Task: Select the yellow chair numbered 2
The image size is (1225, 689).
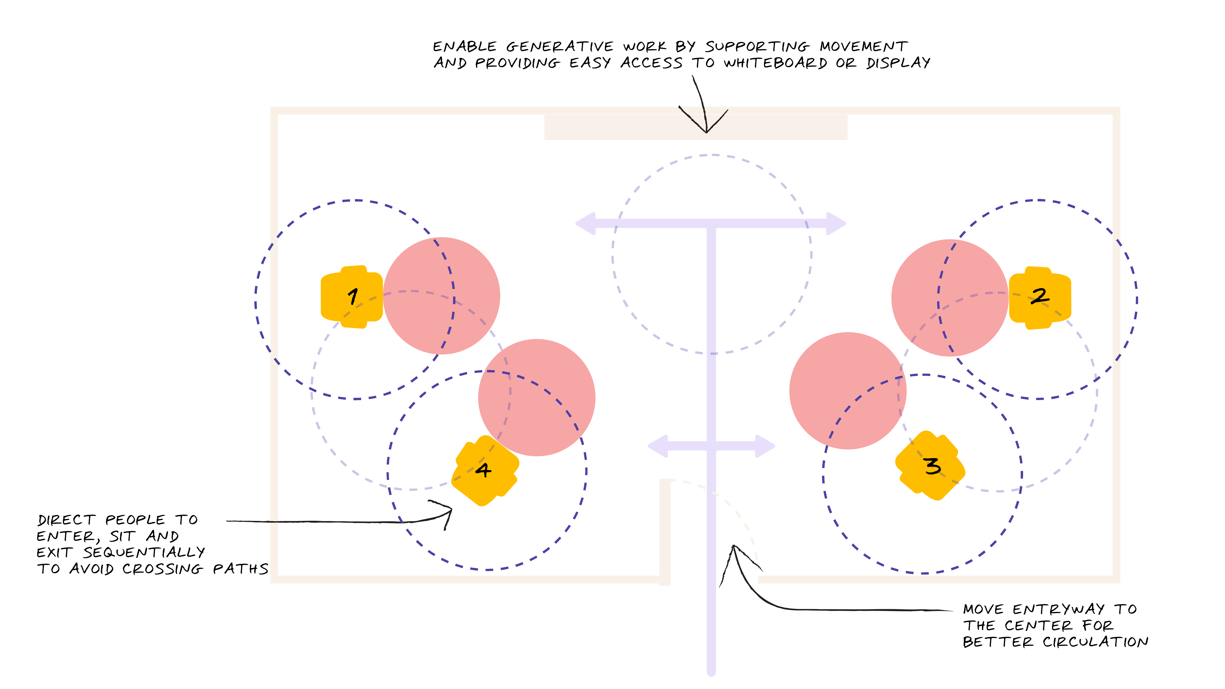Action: pos(1039,298)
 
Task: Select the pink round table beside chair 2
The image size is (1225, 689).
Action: pos(950,298)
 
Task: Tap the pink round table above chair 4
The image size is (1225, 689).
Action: pos(536,397)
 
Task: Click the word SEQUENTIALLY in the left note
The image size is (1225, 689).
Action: pos(144,553)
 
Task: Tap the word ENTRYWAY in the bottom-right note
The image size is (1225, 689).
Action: pos(1059,609)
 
